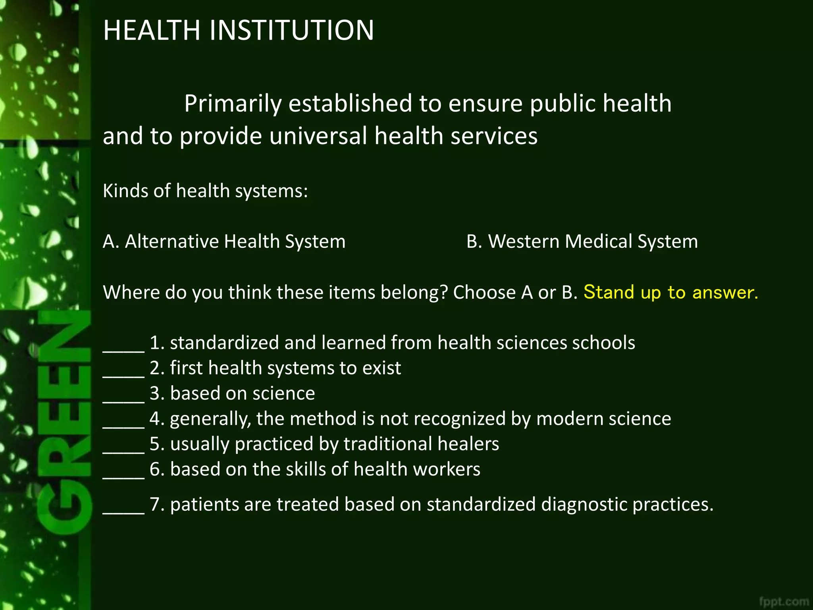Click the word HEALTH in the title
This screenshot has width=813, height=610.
coord(152,30)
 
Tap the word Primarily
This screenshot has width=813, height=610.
coord(233,104)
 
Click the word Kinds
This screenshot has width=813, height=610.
coord(125,191)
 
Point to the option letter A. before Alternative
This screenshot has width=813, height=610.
coord(111,241)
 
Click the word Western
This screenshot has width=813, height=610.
coord(524,241)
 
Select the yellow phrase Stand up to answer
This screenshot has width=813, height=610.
coord(670,292)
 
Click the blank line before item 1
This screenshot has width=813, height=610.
coord(123,349)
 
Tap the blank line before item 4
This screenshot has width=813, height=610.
coord(123,426)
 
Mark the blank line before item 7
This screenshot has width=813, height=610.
coord(123,512)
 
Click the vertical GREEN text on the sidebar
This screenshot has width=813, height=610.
coord(64,421)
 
